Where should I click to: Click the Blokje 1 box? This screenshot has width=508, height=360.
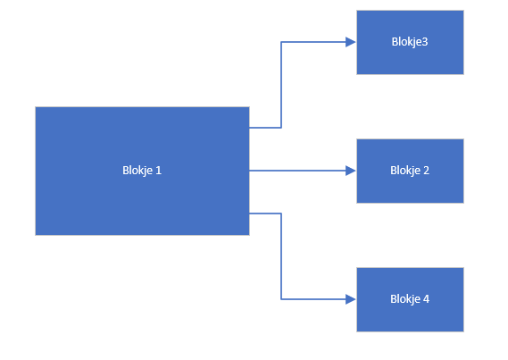(x=142, y=171)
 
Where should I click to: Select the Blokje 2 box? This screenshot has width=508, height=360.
(x=410, y=171)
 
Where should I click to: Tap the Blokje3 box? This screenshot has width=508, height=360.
(x=410, y=42)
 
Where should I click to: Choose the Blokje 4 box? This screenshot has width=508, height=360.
(x=410, y=299)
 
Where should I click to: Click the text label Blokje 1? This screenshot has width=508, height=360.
(x=142, y=171)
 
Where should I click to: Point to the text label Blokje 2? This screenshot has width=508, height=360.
(x=410, y=171)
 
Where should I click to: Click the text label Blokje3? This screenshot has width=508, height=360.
(x=410, y=42)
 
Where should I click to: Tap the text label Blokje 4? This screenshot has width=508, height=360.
(x=410, y=299)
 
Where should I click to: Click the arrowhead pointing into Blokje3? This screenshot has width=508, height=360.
(x=351, y=42)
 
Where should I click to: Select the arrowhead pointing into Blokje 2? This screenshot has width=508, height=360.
(x=351, y=171)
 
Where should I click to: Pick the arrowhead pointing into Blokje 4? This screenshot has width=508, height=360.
(x=351, y=299)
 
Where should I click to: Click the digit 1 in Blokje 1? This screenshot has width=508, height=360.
(x=158, y=171)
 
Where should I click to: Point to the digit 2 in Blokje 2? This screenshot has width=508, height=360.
(x=427, y=171)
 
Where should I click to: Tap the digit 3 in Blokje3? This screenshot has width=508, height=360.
(x=425, y=42)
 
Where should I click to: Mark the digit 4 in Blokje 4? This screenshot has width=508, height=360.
(x=427, y=299)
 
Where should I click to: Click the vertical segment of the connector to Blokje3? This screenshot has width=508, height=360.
(x=281, y=85)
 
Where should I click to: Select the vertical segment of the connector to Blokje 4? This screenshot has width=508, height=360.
(x=281, y=256)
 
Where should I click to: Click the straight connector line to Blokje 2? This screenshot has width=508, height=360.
(x=297, y=171)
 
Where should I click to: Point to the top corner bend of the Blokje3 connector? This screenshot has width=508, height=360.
(x=281, y=42)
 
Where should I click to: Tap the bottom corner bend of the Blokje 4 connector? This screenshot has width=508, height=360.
(x=281, y=299)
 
